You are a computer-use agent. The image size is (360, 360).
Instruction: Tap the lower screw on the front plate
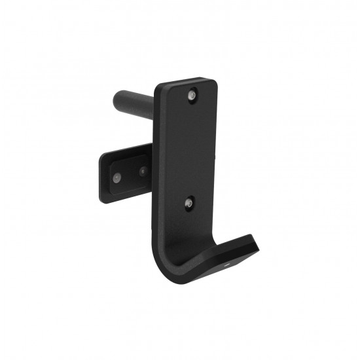coord(189,204)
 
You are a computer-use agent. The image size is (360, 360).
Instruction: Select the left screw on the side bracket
coord(116,177)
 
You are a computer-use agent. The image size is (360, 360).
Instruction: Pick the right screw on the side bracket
coord(142,171)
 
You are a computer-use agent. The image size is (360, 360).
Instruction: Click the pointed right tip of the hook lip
coord(259,251)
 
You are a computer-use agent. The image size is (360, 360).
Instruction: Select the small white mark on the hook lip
coord(226,266)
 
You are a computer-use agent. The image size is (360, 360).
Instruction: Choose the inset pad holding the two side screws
coord(130,175)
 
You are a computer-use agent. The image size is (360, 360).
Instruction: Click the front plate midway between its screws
coord(189,150)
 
